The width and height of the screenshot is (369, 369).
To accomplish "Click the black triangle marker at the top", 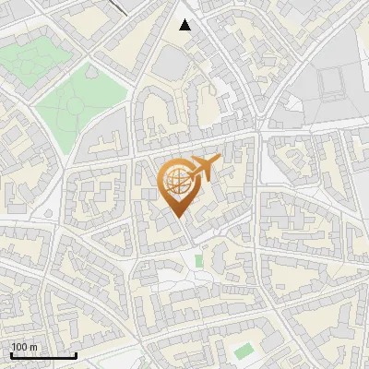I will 185,25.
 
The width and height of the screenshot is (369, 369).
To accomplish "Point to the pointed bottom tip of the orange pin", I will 178,218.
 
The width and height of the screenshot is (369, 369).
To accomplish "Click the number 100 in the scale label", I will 19,347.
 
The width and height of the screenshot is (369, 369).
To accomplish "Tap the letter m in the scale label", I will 33,347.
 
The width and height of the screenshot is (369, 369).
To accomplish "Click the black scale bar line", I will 42,355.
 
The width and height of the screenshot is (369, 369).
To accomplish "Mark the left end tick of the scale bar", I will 10,353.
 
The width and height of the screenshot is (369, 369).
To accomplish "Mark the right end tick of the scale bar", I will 76,353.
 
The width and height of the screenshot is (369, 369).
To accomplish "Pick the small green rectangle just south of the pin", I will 198,261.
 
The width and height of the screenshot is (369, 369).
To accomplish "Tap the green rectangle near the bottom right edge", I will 243,351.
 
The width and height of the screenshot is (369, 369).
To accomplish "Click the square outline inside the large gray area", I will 335,85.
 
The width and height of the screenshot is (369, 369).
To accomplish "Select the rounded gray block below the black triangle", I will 172,63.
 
